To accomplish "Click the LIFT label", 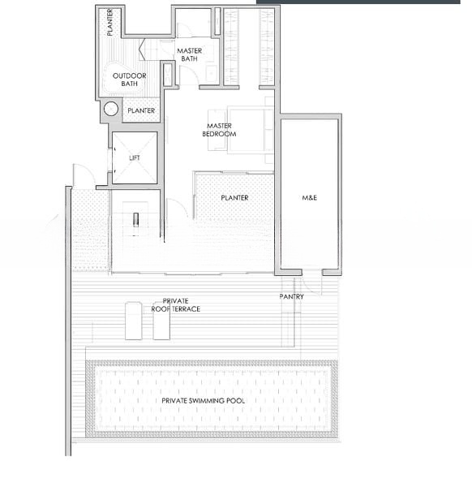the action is click(135, 158).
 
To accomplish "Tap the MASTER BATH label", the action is click(189, 54).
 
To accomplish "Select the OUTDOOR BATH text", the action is click(130, 80).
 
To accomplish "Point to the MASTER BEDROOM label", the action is click(219, 130).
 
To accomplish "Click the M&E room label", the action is click(309, 197).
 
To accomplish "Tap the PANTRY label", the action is click(291, 296).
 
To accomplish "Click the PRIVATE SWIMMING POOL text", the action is click(204, 401).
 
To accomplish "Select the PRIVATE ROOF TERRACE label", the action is click(176, 305).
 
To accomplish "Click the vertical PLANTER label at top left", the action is click(109, 23).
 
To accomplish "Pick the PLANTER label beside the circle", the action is click(141, 110).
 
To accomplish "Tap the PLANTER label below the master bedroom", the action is click(234, 198).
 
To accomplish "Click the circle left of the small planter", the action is click(111, 109).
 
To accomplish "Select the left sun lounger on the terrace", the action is click(134, 321).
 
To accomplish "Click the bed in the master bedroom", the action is click(250, 130).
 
